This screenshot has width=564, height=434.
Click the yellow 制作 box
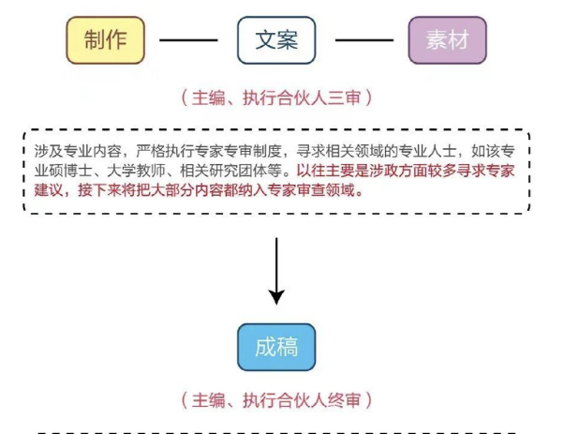coord(106,39)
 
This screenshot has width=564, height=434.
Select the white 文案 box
coord(276,39)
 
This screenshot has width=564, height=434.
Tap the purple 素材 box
coord(447,39)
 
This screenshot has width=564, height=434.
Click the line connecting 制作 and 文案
coord(191,40)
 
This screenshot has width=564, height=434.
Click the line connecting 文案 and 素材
coord(363,40)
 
